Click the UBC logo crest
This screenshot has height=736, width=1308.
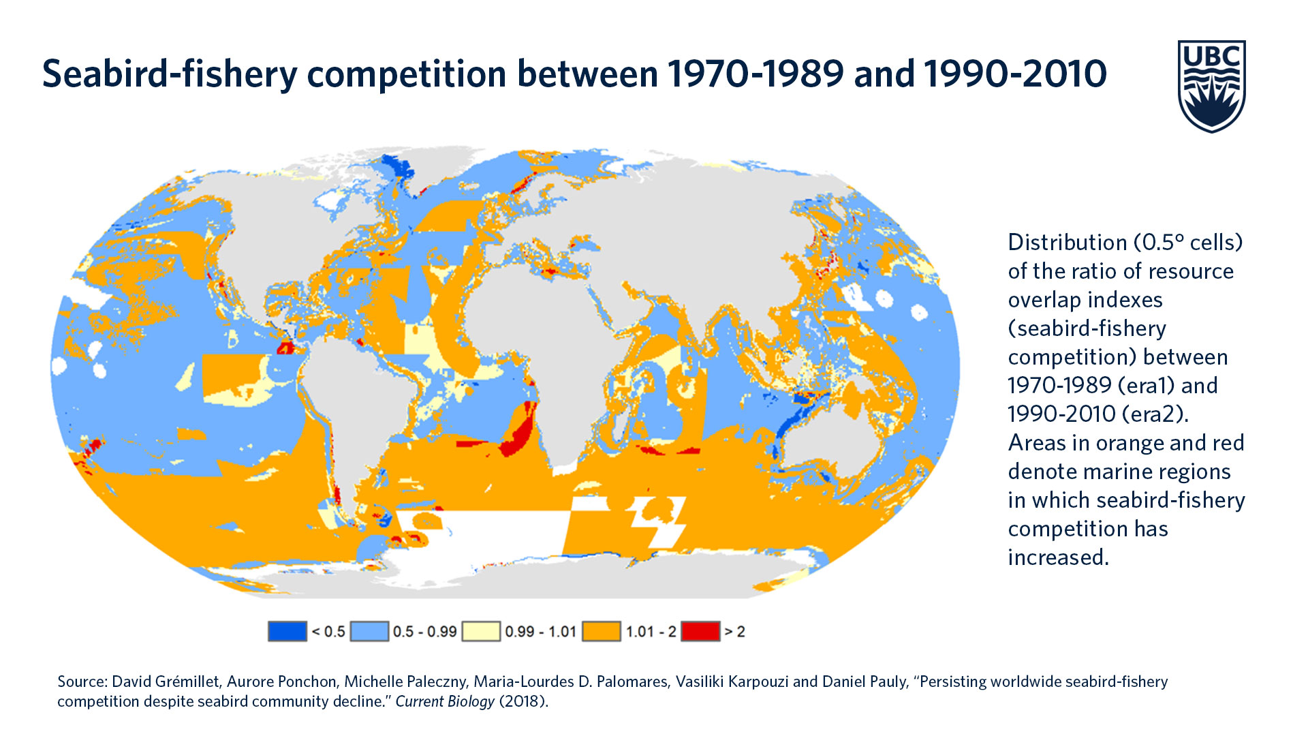point(1211,86)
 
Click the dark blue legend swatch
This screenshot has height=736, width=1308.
point(287,632)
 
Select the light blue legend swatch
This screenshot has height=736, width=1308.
point(369,632)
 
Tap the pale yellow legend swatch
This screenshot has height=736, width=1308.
point(481,632)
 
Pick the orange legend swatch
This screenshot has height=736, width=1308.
point(602,632)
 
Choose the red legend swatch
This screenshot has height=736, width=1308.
point(700,632)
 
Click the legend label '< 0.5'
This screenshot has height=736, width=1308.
point(328,632)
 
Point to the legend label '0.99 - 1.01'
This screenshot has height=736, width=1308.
point(541,632)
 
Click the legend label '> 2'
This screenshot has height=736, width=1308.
point(735,632)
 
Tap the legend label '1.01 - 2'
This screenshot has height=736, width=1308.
point(651,632)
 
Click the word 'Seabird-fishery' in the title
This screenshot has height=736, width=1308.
point(170,74)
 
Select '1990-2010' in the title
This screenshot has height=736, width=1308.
point(1016,74)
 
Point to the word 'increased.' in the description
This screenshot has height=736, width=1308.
point(1059,557)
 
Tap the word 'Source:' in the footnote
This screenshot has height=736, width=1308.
point(82,681)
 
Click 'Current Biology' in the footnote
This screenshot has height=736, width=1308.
point(445,701)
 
